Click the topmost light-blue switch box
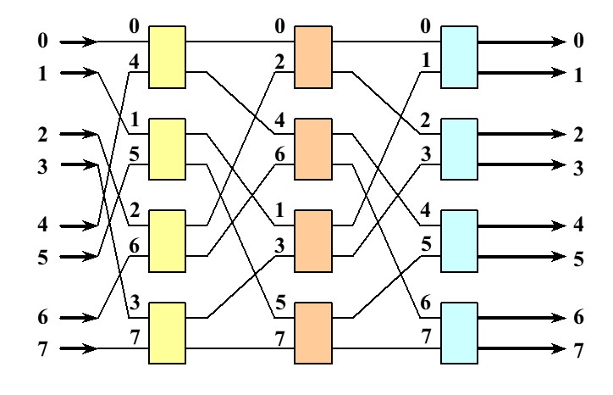click(459, 57)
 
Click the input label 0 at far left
click(44, 41)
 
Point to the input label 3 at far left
click(44, 164)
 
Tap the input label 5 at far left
click(44, 257)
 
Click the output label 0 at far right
click(579, 41)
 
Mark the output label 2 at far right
click(579, 134)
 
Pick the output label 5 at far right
click(579, 257)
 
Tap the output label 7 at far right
click(579, 349)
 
